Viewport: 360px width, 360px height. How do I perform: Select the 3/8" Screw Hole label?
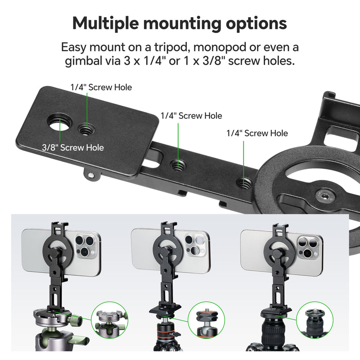73,148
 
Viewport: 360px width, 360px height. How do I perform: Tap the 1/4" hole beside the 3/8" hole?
84,130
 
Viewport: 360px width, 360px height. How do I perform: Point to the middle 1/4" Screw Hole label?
191,116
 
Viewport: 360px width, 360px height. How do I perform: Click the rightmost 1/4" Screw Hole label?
257,133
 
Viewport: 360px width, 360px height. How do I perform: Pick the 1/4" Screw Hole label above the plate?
101,87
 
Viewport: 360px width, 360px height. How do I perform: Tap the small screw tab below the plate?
91,175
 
